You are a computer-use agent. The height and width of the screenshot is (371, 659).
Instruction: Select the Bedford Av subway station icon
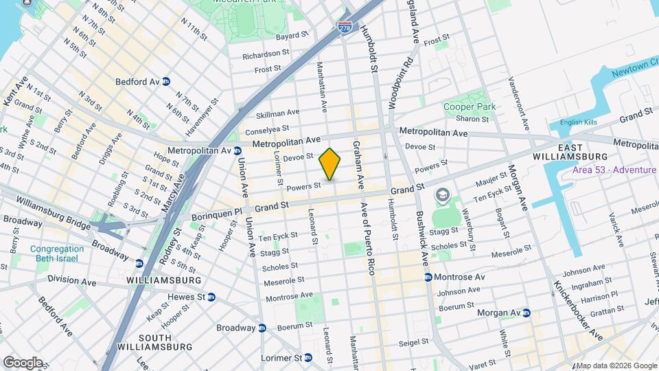(x=166, y=82)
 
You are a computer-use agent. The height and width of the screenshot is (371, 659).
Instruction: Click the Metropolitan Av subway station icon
(x=237, y=150)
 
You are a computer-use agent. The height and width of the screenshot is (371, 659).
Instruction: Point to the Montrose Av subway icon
(x=428, y=277)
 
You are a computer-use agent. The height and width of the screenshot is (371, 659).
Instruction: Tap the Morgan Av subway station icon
(x=527, y=313)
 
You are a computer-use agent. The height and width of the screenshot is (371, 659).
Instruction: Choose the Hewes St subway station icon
(x=211, y=297)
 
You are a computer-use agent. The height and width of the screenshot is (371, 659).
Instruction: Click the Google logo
(x=22, y=362)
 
